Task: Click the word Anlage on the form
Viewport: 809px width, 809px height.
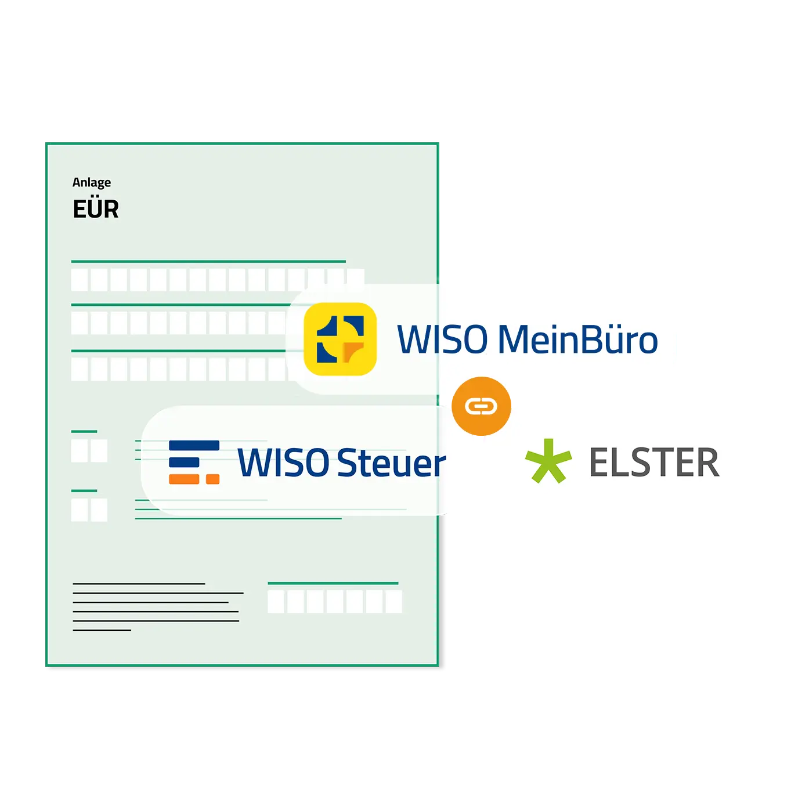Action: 92,183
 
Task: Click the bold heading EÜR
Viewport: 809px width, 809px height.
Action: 96,209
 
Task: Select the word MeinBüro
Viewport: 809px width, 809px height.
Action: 577,340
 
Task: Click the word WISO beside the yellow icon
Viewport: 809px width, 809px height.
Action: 442,340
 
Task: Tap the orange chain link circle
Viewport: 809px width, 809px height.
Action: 481,406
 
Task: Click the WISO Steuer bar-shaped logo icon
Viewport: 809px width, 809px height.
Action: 194,462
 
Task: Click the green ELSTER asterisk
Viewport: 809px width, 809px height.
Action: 548,461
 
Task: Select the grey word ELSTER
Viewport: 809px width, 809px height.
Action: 655,462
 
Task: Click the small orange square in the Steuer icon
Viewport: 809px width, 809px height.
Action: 212,479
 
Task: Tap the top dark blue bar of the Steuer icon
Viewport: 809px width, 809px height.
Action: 194,445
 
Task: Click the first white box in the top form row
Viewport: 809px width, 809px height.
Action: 80,280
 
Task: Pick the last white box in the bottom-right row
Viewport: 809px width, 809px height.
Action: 393,601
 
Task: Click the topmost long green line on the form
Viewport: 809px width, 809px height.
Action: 208,261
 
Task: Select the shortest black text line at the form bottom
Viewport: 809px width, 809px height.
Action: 102,630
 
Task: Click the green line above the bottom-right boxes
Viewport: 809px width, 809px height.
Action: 333,583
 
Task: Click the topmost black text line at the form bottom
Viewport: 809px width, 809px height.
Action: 139,584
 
